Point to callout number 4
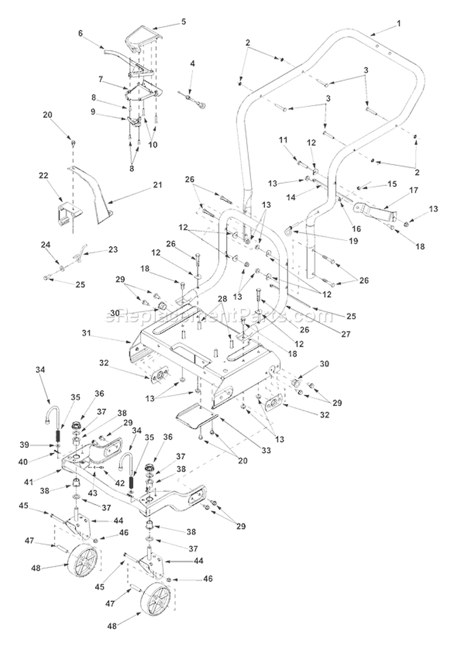(193, 63)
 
